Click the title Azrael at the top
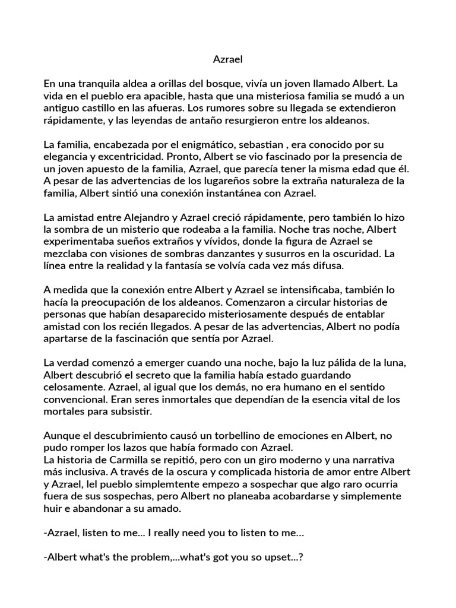coord(228,59)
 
